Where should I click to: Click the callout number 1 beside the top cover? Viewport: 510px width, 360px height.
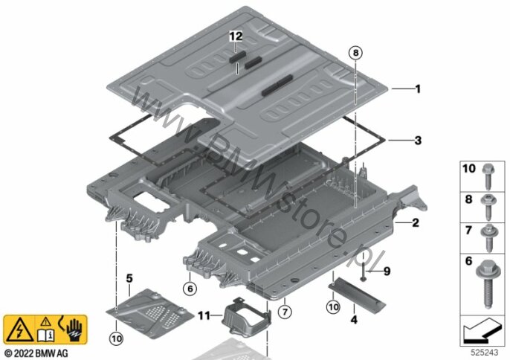pyautogui.click(x=418, y=89)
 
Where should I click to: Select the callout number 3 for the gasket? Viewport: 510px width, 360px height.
pyautogui.click(x=418, y=140)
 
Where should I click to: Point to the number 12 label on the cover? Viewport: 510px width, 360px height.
pyautogui.click(x=236, y=36)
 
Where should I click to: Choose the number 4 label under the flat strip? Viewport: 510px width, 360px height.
pyautogui.click(x=354, y=320)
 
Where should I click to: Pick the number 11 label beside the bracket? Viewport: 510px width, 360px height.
pyautogui.click(x=203, y=315)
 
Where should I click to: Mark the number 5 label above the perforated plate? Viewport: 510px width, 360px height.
pyautogui.click(x=129, y=279)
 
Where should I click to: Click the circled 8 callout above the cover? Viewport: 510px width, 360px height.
pyautogui.click(x=355, y=52)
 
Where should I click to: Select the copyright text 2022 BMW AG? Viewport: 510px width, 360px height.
pyautogui.click(x=36, y=353)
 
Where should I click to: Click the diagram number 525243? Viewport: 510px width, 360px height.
pyautogui.click(x=487, y=352)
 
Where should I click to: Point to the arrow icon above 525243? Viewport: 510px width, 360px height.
pyautogui.click(x=485, y=327)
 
